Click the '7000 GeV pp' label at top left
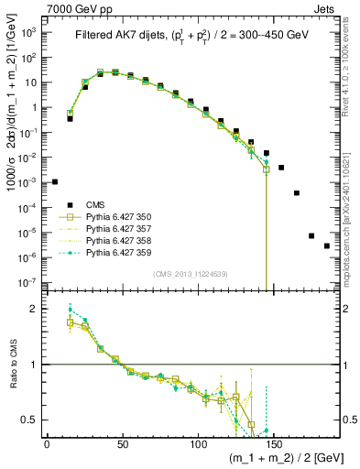coord(74,7)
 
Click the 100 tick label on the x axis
coord(198,444)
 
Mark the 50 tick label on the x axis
coord(122,444)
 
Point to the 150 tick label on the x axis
coord(274,444)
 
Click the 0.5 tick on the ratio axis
coord(32,420)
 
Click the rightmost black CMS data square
coord(327,271)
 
